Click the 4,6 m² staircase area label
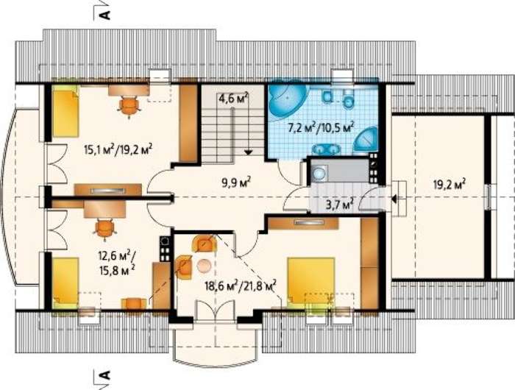click(x=233, y=99)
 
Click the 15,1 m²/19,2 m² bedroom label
click(x=118, y=150)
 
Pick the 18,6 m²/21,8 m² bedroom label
click(x=240, y=285)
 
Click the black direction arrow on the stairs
click(x=249, y=152)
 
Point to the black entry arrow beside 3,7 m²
click(x=394, y=199)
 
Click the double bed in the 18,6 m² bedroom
click(x=310, y=280)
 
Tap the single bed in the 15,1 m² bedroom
click(x=65, y=112)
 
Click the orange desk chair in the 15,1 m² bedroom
click(x=129, y=104)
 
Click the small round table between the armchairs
click(x=205, y=266)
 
